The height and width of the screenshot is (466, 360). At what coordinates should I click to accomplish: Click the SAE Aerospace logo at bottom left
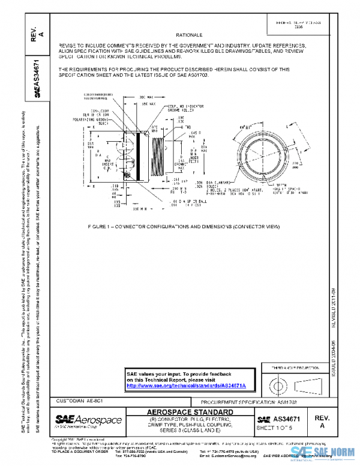(88, 420)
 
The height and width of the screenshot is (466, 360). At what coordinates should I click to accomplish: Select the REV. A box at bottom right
(322, 421)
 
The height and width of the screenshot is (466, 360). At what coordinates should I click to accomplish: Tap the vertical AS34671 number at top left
(37, 78)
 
